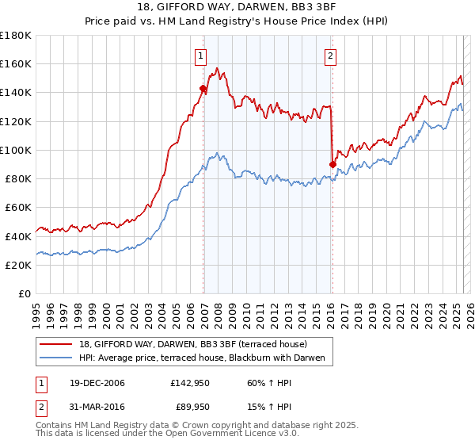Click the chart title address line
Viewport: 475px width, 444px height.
tap(237, 7)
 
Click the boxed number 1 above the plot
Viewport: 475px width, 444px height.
tap(201, 55)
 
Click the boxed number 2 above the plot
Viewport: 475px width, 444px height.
tap(329, 55)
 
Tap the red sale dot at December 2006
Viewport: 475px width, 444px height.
tap(203, 89)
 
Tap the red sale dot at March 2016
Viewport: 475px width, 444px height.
tap(332, 164)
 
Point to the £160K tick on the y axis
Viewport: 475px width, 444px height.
tap(17, 63)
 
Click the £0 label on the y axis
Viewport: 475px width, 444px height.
tap(24, 293)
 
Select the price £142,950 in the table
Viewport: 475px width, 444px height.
tap(190, 383)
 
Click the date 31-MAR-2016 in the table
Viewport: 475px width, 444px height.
tap(92, 408)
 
